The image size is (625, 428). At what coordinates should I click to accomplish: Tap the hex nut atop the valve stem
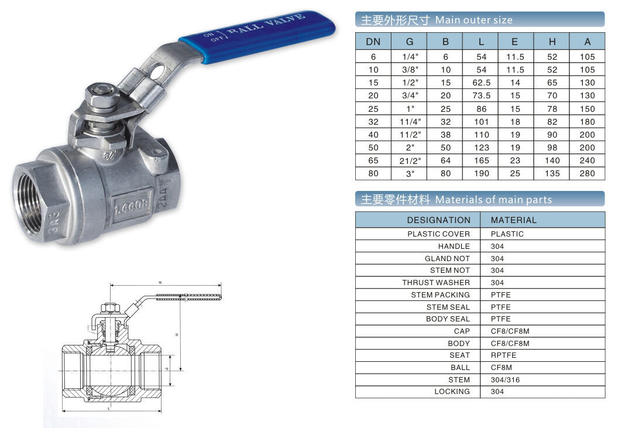click(x=102, y=95)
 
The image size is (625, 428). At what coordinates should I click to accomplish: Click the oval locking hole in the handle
click(x=158, y=72)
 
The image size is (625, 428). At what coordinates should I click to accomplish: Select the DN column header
click(x=373, y=42)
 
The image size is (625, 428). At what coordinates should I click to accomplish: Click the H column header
click(x=552, y=42)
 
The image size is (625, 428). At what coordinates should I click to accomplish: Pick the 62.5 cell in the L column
click(x=482, y=83)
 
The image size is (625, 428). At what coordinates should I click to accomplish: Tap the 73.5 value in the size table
click(x=482, y=96)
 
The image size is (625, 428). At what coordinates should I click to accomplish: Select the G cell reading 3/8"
click(x=410, y=70)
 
